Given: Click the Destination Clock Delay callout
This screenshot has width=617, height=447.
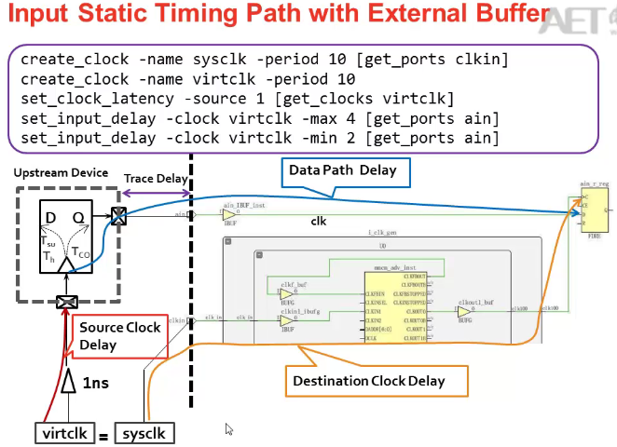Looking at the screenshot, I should point(369,380).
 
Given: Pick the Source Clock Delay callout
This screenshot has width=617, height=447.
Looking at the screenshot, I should point(119,336).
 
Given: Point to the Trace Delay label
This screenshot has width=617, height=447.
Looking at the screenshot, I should point(153,178).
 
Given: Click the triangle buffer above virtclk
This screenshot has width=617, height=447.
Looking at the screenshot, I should point(67,382).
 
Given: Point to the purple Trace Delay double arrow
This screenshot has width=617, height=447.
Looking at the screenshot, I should point(156,193).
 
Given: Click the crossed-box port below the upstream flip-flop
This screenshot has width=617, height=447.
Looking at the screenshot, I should point(67,302).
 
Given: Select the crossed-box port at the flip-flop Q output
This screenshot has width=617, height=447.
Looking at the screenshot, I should point(118,216).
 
